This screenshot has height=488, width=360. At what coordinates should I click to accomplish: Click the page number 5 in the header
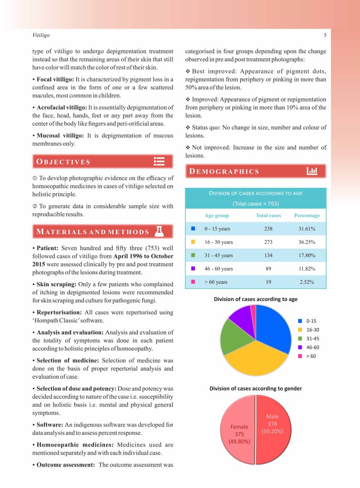(x=325, y=35)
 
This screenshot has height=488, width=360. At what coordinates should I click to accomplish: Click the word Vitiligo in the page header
(x=41, y=35)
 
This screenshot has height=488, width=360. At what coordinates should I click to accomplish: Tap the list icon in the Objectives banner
(x=159, y=161)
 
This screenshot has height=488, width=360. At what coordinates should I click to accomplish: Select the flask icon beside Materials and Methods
(x=159, y=231)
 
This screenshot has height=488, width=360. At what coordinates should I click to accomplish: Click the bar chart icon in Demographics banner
(x=312, y=171)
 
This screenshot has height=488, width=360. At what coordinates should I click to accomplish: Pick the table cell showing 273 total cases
(x=268, y=242)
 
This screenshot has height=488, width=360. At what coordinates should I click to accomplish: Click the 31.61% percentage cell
(x=307, y=228)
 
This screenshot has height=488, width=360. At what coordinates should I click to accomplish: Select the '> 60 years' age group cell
(x=216, y=282)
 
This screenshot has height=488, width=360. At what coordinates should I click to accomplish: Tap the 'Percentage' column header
(x=307, y=215)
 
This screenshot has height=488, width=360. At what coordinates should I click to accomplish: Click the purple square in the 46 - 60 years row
(x=193, y=269)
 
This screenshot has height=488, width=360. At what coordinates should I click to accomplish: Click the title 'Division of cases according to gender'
(x=255, y=388)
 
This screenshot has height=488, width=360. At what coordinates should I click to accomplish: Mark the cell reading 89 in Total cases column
(x=268, y=269)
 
